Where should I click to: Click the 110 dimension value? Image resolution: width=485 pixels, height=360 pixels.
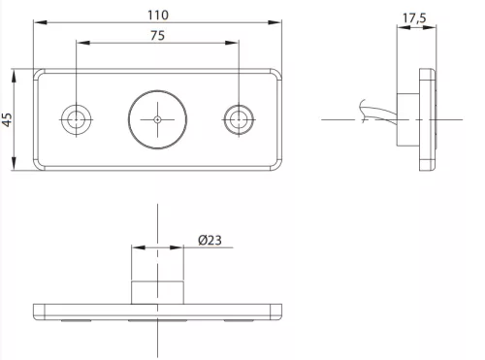point(158,15)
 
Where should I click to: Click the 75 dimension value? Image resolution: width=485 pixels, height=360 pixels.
point(157,35)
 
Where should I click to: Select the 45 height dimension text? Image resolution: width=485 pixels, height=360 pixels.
point(7,119)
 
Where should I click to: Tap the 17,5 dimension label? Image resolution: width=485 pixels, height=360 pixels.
point(414,18)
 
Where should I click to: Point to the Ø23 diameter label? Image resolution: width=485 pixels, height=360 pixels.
point(210,241)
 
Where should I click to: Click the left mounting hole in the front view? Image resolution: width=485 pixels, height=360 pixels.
point(77,119)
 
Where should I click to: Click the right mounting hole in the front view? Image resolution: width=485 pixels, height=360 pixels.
point(239,119)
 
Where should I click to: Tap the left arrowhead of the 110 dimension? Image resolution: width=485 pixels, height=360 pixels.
point(41,22)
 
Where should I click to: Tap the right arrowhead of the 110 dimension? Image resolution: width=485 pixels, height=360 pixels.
point(275,22)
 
